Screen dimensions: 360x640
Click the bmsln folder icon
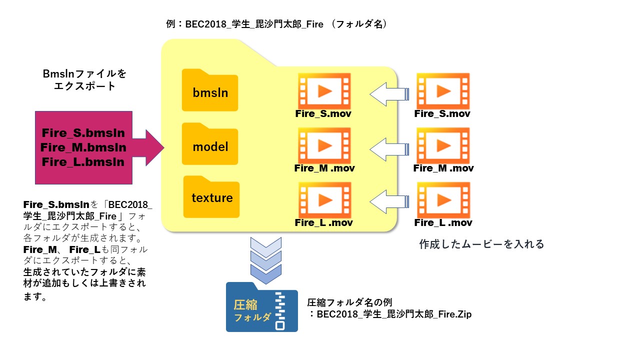210,91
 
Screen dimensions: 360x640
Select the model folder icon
210,145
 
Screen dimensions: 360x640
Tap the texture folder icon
211,197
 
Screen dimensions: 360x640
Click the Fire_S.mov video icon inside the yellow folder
324,90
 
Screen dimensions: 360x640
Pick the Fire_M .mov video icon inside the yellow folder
324,145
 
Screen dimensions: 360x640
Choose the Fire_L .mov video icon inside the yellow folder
324,199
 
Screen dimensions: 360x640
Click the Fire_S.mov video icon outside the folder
442,90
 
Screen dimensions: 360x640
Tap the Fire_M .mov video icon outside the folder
442,145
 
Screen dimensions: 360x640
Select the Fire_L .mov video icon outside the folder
442,199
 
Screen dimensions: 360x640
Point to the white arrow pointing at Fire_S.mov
389,94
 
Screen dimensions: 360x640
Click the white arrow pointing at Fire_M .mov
389,148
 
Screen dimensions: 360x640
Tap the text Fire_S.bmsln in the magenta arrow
83,133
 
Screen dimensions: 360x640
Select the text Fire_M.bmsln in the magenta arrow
83,147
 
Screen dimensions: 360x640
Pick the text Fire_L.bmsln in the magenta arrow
83,162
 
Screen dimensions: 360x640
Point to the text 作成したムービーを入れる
481,244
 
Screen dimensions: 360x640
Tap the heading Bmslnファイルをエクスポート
85,80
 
